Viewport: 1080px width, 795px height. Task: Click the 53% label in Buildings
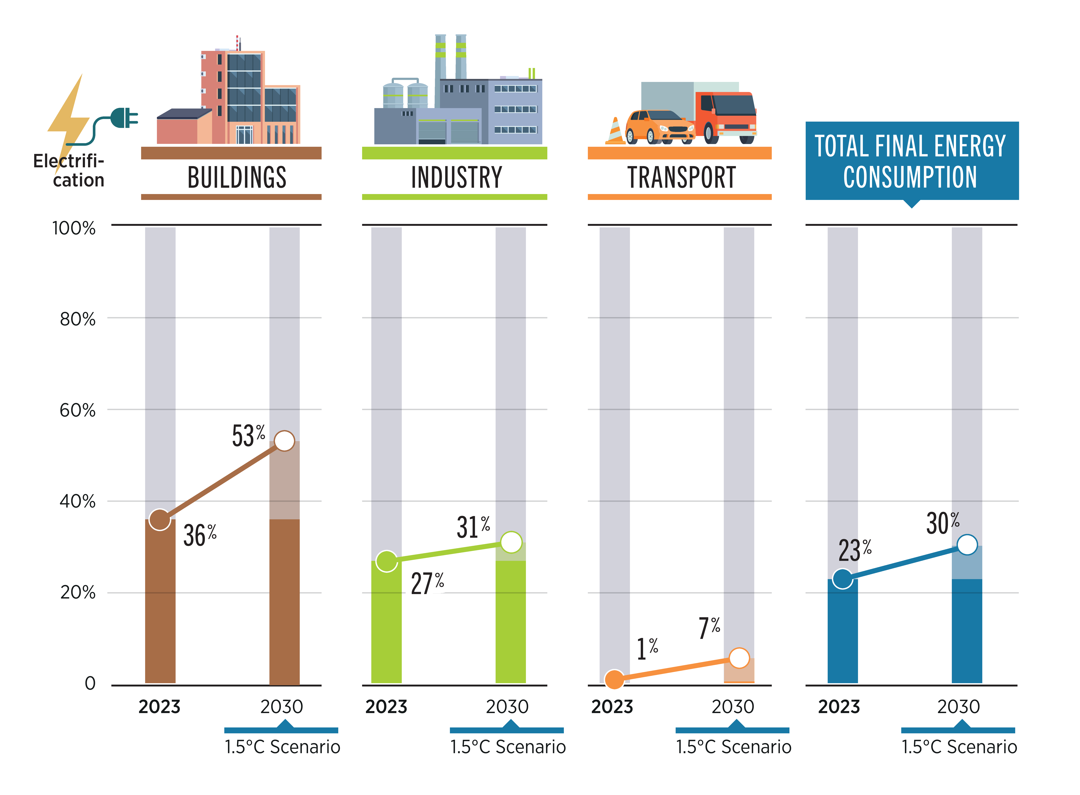tap(248, 436)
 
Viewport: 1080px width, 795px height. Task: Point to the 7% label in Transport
tap(710, 628)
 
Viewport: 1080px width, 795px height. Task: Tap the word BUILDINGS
tap(237, 177)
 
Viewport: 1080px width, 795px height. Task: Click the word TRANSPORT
tap(681, 177)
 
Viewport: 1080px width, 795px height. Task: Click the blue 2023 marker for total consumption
tap(842, 578)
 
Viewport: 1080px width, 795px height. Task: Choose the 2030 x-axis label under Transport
tap(733, 707)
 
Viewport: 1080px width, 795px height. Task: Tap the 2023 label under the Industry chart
tap(386, 707)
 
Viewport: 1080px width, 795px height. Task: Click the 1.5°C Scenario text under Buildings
tap(282, 747)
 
